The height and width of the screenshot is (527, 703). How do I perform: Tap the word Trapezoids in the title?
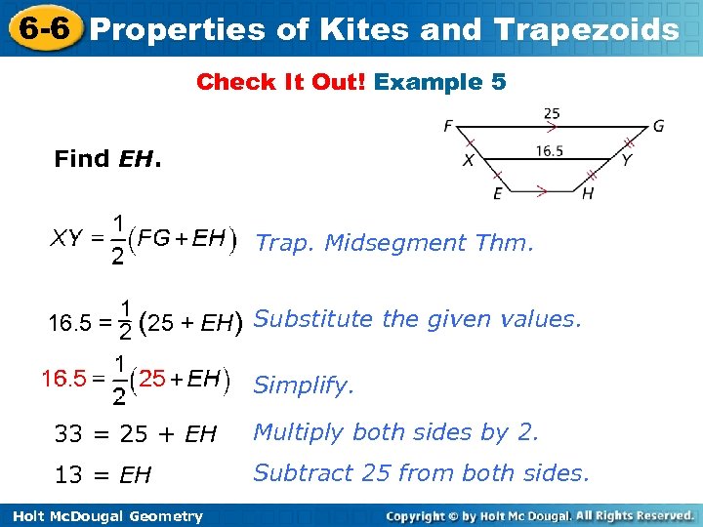coord(585,29)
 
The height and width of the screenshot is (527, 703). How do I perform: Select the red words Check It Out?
coord(281,82)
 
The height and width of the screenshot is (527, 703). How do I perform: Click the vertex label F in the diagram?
coord(447,125)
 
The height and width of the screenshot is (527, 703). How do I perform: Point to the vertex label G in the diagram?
coord(659,125)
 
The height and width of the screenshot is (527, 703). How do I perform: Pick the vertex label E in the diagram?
coord(498,193)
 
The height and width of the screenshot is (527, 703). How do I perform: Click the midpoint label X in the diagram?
coord(469,160)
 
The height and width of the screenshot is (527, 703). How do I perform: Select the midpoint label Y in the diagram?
coord(625,160)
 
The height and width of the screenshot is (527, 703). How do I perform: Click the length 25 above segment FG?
coord(552,114)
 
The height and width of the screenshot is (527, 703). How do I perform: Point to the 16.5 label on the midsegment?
coord(550,149)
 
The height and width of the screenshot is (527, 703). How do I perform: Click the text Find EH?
coord(107,158)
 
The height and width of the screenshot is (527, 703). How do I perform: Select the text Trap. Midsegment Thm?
coord(394,242)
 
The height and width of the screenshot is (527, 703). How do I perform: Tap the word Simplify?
coord(303,385)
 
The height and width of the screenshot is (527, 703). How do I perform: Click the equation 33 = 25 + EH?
coord(136,433)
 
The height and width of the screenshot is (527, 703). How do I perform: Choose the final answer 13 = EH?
coord(103,474)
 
